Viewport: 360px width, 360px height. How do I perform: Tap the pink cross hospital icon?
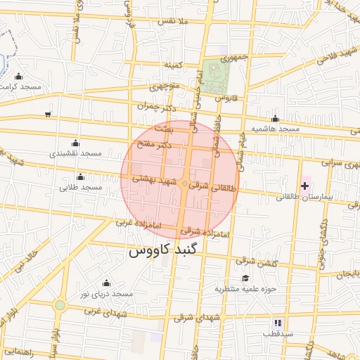[304, 186]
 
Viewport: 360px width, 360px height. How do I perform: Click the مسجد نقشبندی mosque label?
[75, 153]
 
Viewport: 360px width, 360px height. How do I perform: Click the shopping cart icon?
[47, 114]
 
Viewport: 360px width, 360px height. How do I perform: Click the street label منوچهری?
[165, 89]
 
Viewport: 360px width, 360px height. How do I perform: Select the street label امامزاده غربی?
[139, 224]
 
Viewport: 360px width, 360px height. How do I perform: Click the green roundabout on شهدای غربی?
[60, 305]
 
